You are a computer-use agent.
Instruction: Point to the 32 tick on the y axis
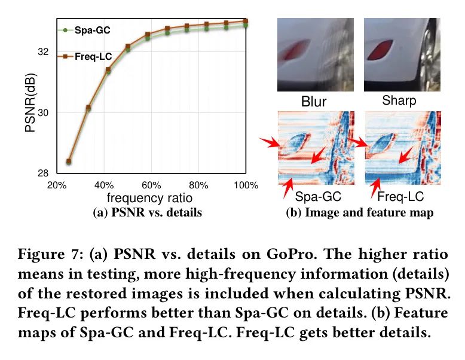pos(42,52)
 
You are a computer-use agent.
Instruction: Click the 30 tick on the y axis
pos(42,113)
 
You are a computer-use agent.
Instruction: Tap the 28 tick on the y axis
pos(42,173)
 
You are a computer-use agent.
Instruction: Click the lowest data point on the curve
pos(69,161)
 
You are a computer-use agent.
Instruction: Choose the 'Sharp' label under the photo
pos(399,100)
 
